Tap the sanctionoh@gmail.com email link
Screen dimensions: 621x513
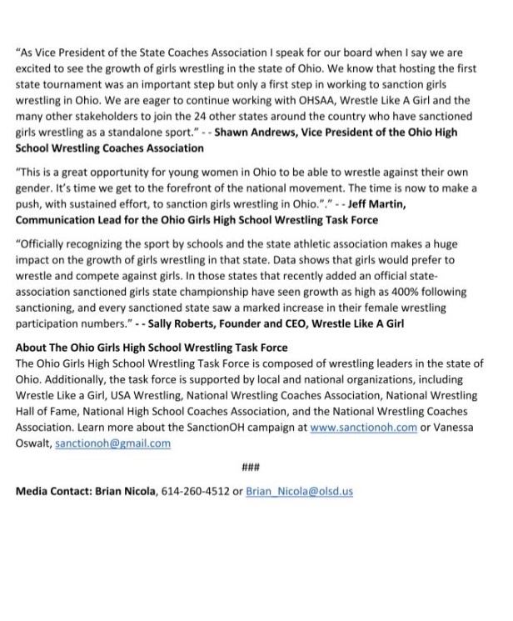pyautogui.click(x=112, y=443)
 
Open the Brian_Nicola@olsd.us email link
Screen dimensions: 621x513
pyautogui.click(x=299, y=491)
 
